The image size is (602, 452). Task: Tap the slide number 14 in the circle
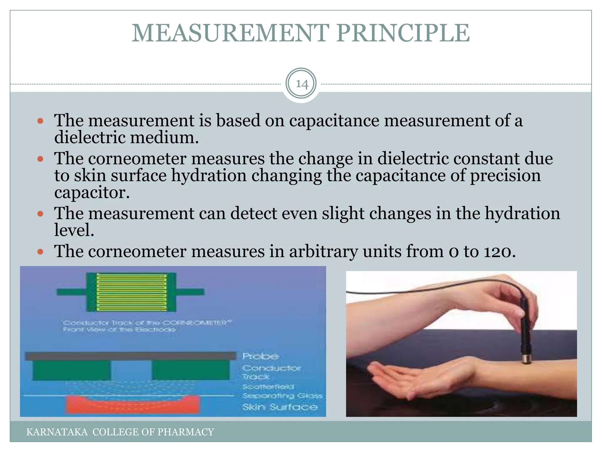tap(301, 84)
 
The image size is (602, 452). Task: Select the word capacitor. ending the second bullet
tap(92, 193)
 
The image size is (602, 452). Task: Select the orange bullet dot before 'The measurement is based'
tap(41, 121)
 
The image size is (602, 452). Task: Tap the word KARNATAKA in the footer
tap(57, 432)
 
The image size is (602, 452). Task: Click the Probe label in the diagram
tap(260, 356)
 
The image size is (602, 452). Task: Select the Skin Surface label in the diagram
tap(280, 407)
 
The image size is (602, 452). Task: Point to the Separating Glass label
tap(282, 396)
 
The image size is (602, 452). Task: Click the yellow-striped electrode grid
tap(131, 292)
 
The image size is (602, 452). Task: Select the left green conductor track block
tap(71, 370)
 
